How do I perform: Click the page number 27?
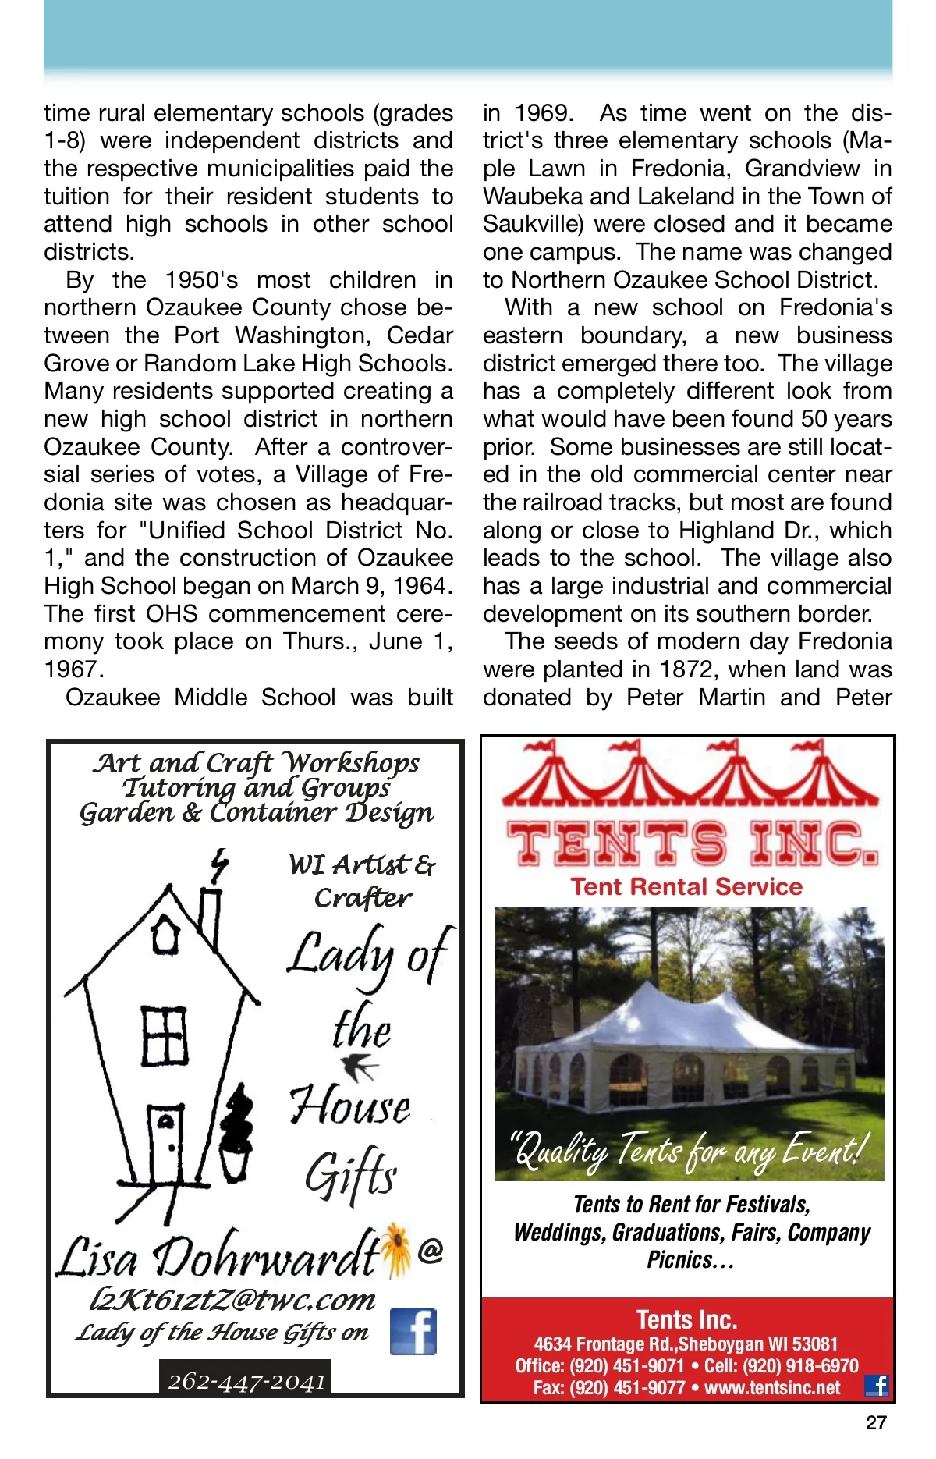(876, 1422)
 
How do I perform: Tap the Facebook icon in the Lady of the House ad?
(413, 1331)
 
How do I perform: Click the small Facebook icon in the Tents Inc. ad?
(877, 1386)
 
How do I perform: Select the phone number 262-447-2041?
(246, 1381)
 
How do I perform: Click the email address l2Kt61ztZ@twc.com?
(232, 1299)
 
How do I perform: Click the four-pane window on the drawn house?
(165, 1035)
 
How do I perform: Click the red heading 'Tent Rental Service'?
(686, 886)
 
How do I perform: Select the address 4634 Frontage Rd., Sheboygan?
(686, 1344)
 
